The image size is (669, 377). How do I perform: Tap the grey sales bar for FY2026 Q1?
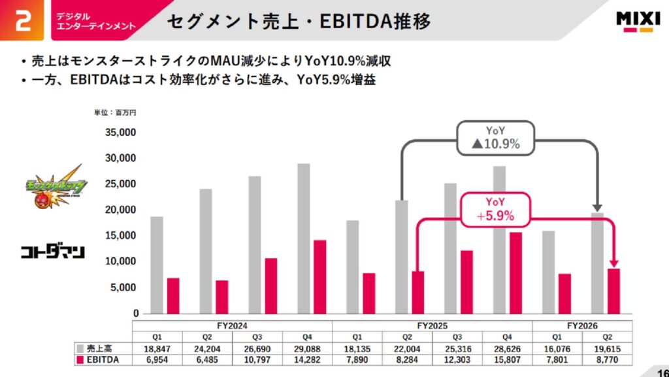[549, 272]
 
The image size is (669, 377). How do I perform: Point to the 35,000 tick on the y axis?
[120, 132]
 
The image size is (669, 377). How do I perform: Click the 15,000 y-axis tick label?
[120, 235]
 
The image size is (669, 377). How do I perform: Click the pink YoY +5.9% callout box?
[495, 209]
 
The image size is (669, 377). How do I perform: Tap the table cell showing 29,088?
[306, 348]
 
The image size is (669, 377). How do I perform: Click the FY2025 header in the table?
[432, 325]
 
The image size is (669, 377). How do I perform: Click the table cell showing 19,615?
[608, 348]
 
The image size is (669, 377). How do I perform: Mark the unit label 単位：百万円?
[115, 112]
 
